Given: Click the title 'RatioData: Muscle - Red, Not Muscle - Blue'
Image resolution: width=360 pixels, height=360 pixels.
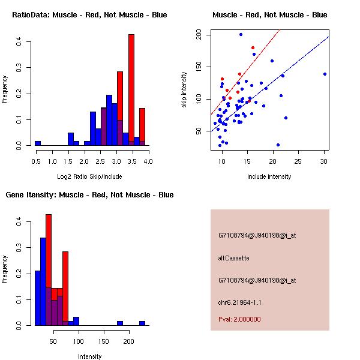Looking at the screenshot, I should pos(89,14).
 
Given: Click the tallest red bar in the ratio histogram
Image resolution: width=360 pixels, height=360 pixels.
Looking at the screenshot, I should pos(131,90).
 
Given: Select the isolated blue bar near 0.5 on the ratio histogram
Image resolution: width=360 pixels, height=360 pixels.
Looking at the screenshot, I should pos(38,143).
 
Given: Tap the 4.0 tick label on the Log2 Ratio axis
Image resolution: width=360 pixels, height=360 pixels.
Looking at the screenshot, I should pos(148,161).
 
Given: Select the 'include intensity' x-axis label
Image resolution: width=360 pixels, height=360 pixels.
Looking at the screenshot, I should pos(269,176).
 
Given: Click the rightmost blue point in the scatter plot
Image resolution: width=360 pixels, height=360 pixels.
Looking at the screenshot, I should pos(325,74).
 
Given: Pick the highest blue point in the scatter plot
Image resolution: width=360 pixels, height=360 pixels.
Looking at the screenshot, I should pos(241,35).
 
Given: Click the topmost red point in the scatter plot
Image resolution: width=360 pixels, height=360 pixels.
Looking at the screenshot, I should pos(253,47).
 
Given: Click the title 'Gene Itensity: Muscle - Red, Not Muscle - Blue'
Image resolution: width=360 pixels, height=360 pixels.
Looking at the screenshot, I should pos(89,194).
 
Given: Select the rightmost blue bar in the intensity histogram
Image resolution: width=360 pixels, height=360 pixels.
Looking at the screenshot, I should pos(142,323).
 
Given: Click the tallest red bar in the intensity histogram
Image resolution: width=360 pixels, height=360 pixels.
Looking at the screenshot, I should pos(49,270).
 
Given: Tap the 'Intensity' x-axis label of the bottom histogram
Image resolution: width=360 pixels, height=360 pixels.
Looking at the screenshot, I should pos(90,356).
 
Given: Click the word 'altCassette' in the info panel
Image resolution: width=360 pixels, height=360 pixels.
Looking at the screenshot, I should pos(233,258).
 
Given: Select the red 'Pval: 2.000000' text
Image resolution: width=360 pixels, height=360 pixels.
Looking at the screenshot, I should pos(239,319).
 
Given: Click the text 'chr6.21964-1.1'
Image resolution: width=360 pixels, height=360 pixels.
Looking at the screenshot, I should pos(239,302).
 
